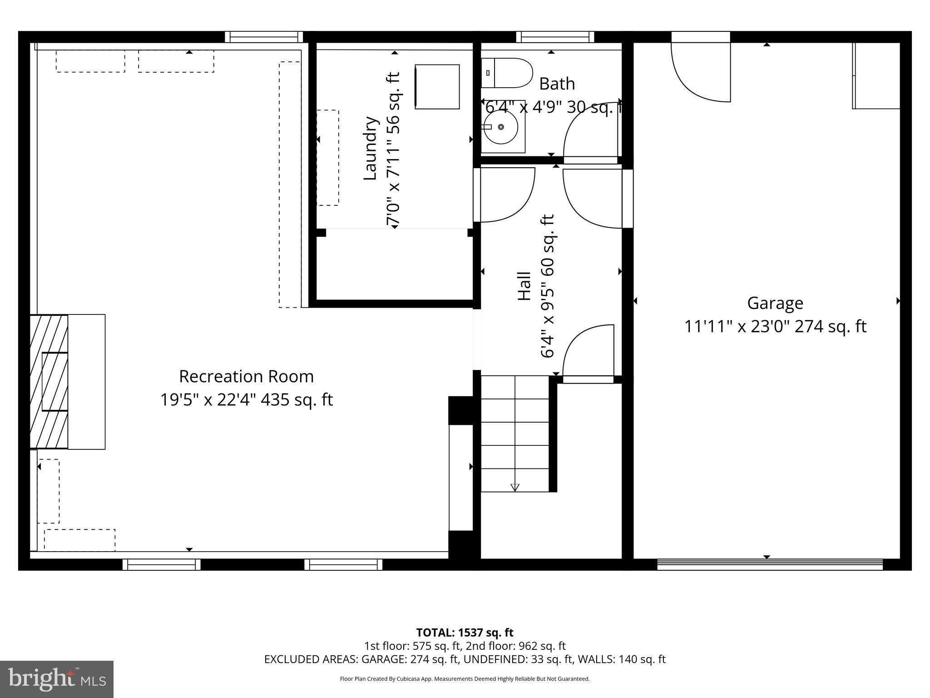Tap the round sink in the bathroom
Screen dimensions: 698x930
[500, 127]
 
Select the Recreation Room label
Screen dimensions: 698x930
[246, 376]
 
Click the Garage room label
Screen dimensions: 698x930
[775, 303]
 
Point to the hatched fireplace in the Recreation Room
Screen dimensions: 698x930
[49, 382]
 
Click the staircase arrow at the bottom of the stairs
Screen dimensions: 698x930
[514, 487]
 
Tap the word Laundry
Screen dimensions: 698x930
[371, 149]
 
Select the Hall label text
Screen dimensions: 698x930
[524, 286]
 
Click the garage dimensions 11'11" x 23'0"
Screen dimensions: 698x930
[736, 327]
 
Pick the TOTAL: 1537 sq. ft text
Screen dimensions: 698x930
[465, 633]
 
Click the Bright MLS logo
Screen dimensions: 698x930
[57, 679]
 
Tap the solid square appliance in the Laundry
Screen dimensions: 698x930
[437, 87]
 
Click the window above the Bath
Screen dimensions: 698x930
[555, 37]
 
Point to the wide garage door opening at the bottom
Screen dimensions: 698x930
[770, 565]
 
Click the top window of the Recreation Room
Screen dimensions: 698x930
[264, 37]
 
